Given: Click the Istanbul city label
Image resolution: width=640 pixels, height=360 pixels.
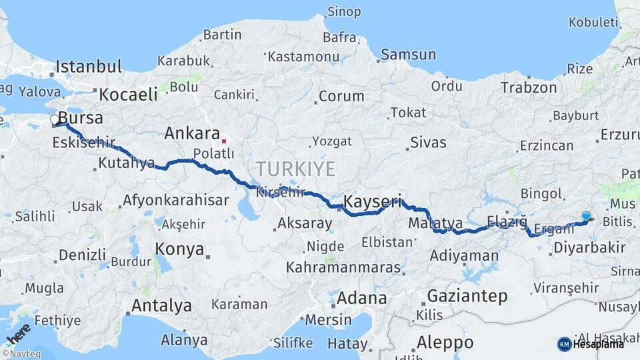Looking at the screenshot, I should (89, 67).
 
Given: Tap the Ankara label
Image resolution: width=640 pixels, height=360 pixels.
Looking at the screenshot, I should (192, 133).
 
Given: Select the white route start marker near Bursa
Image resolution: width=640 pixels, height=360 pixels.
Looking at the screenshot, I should (55, 120).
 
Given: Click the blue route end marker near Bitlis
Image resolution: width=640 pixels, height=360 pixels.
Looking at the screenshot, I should (586, 216).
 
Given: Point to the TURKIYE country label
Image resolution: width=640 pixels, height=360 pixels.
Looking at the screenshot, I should (295, 169).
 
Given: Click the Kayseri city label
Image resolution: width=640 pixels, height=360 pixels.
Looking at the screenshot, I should (373, 201).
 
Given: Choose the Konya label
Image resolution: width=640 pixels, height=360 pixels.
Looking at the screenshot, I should (179, 249).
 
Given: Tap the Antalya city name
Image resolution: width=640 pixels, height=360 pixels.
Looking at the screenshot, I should (161, 306).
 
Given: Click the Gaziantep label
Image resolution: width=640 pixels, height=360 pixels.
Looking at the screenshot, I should (467, 296).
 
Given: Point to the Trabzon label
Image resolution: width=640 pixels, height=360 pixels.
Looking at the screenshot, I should (529, 87).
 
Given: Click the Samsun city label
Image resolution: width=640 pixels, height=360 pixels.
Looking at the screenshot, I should (409, 55).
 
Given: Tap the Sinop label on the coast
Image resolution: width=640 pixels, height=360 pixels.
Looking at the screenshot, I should (344, 12).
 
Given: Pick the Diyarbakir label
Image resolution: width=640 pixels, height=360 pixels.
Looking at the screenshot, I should (589, 248).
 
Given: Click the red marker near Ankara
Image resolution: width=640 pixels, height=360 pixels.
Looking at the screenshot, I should (223, 141).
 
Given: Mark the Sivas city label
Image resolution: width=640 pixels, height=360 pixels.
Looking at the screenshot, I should (428, 142).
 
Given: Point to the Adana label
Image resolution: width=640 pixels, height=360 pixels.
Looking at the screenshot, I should (361, 298).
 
